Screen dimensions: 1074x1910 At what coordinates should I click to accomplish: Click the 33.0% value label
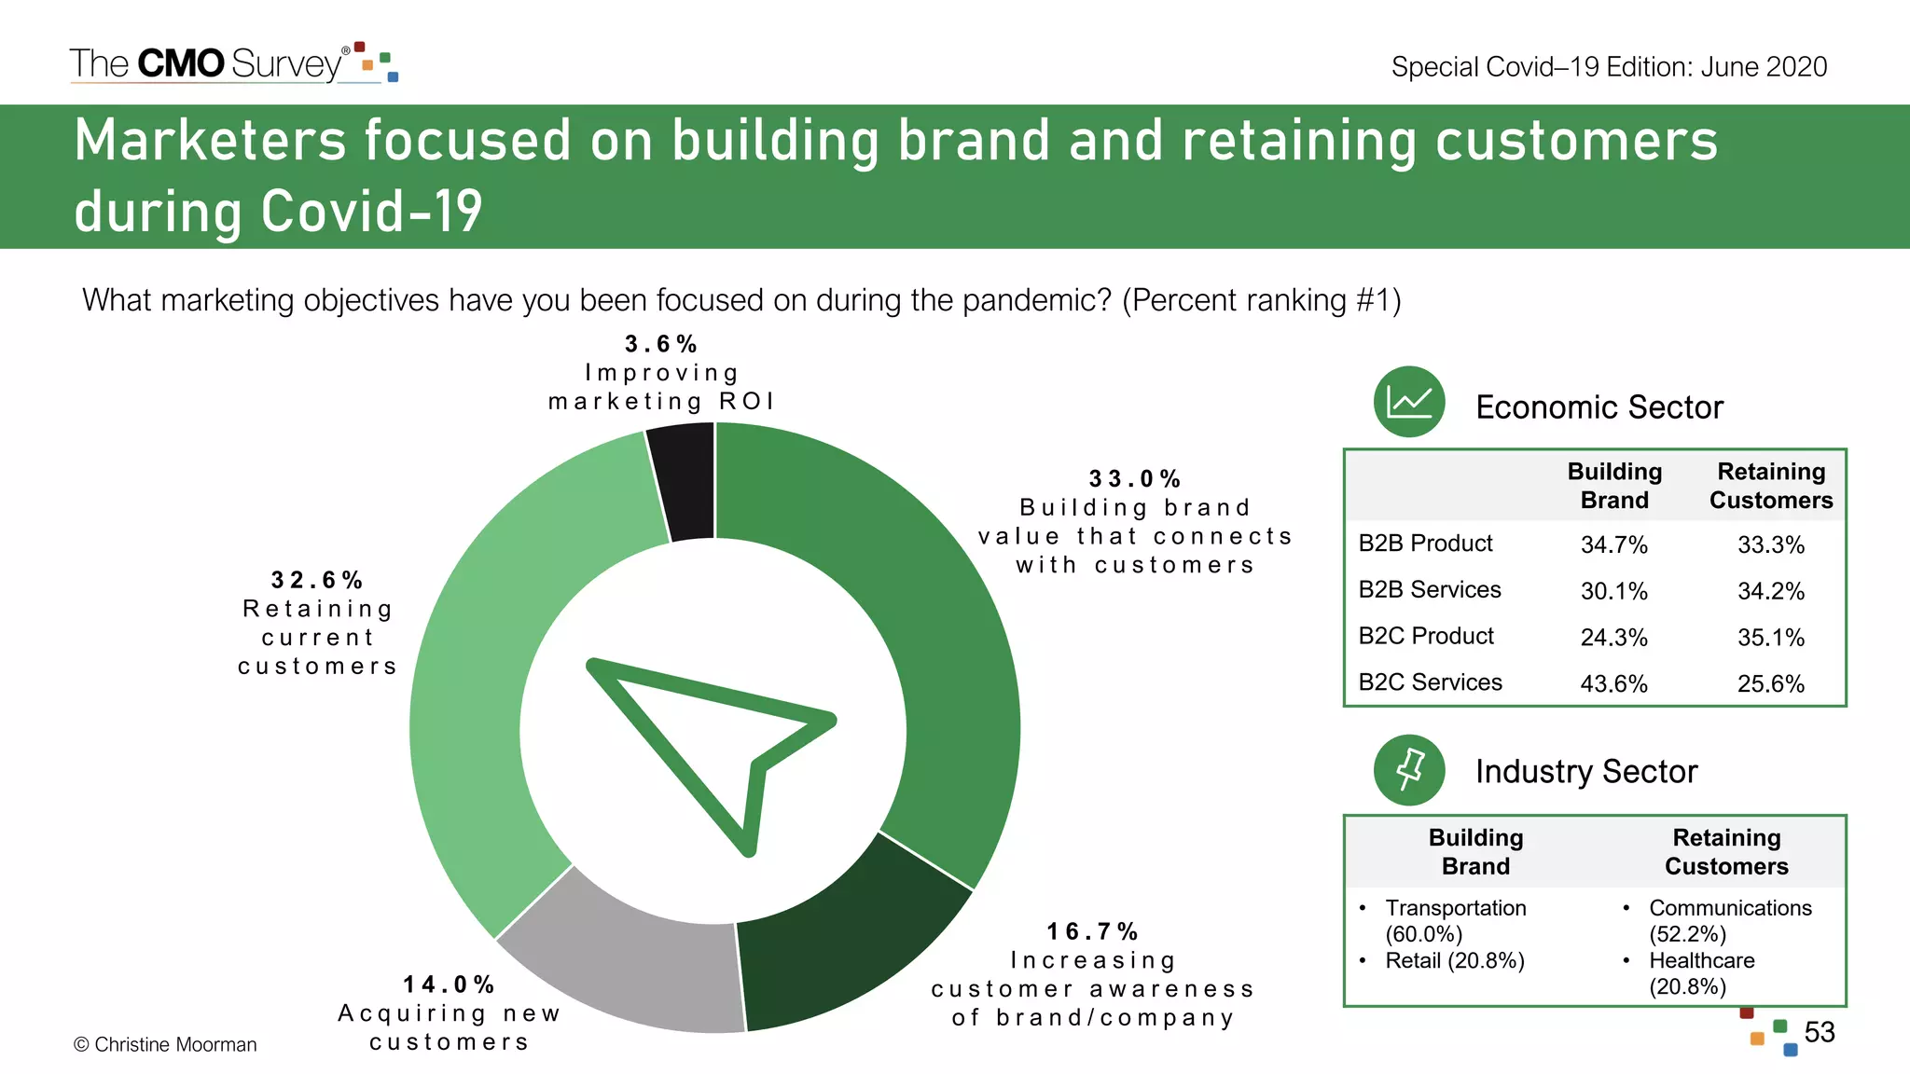(1135, 479)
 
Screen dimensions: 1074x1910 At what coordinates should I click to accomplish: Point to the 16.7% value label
(1092, 931)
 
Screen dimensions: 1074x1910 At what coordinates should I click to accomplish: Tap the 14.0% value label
(449, 984)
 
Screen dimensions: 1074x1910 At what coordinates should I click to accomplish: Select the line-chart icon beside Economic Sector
(1408, 402)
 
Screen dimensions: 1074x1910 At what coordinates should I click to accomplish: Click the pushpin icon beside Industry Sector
(1408, 770)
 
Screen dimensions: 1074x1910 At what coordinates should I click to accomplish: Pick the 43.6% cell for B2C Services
(1613, 683)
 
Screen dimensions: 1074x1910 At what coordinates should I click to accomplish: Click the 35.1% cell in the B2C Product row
(1770, 638)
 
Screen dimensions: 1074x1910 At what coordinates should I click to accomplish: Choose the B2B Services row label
(1429, 589)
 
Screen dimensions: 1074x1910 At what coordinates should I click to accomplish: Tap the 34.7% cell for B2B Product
(1613, 544)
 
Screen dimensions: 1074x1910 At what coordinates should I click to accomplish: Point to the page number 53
(1819, 1032)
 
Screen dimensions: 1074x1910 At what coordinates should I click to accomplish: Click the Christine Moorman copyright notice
(165, 1044)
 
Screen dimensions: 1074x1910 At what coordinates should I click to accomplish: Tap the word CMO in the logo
(181, 63)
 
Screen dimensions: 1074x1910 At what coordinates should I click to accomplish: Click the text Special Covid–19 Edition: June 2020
(1609, 67)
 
